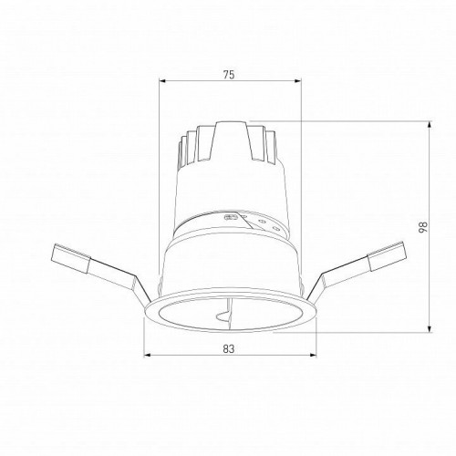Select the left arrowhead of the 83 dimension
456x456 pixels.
pyautogui.click(x=147, y=355)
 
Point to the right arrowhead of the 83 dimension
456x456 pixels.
pyautogui.click(x=315, y=355)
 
